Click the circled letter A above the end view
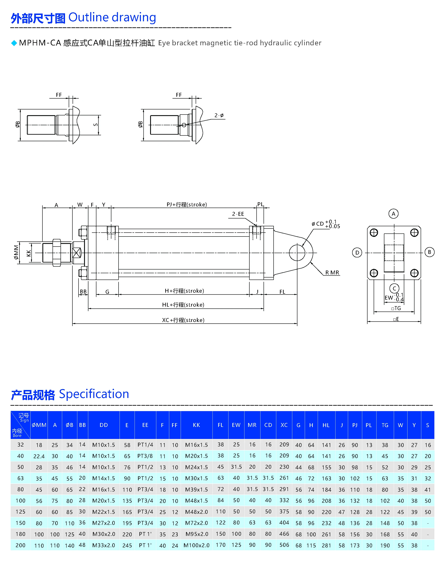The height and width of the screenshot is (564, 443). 393,214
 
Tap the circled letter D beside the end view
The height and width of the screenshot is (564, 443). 357,252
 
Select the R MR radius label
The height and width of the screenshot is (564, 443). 332,273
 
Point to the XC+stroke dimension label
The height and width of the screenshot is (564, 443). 183,320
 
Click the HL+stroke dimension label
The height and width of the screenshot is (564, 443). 183,305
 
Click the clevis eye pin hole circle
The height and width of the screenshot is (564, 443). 297,252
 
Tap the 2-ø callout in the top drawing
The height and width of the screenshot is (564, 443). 219,115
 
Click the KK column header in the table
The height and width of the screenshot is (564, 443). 196,425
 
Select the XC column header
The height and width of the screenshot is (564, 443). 284,425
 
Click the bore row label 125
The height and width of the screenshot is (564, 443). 21,512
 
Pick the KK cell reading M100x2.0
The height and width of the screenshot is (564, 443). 196,545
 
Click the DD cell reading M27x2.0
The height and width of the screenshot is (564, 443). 104,523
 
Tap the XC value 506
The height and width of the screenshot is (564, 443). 284,545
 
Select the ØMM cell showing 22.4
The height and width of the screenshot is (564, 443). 39,456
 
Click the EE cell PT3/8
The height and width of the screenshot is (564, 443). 145,456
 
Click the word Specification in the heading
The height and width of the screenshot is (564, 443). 94,394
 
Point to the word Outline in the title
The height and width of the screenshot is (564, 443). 88,18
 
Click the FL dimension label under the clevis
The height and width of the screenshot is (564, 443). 282,292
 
